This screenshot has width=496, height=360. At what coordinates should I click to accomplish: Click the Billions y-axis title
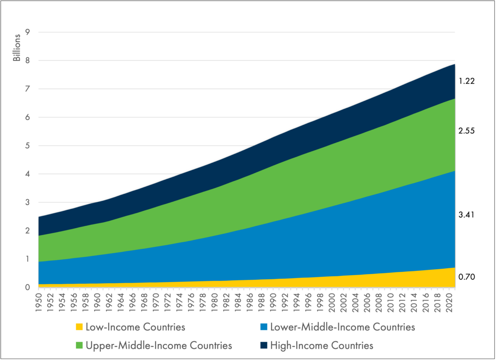point(17,48)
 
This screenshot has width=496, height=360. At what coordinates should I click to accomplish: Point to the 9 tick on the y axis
point(27,32)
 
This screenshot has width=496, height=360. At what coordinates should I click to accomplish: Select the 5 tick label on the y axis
point(27,146)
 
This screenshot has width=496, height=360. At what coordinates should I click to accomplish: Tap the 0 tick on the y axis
point(27,287)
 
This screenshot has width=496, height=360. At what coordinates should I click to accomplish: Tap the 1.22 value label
point(466,81)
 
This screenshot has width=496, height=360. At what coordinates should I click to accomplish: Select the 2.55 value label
point(466,131)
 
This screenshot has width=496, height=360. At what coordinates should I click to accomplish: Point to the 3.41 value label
point(466,215)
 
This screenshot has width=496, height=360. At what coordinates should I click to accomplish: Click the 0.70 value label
point(466,277)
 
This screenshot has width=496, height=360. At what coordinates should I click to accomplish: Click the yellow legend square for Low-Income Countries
point(79,327)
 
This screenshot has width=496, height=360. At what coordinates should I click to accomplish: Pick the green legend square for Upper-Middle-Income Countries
point(79,346)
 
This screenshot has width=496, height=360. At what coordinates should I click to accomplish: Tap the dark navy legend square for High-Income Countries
point(264,346)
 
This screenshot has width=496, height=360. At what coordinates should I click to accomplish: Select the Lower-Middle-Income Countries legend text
point(343,327)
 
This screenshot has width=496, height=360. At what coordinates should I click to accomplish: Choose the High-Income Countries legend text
point(322,346)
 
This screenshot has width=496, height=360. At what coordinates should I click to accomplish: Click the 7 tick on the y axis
point(27,89)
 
